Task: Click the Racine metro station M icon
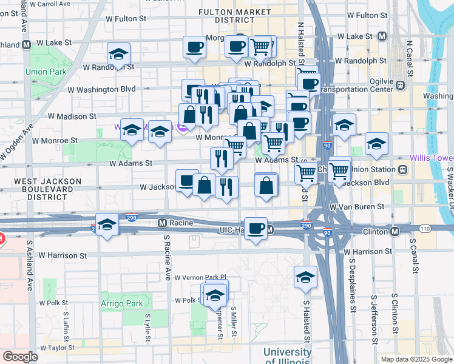(162, 223)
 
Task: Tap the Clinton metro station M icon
(395, 231)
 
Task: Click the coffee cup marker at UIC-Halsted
(256, 228)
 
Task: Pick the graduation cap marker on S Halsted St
(305, 277)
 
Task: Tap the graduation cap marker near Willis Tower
(376, 144)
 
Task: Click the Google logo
(21, 357)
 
